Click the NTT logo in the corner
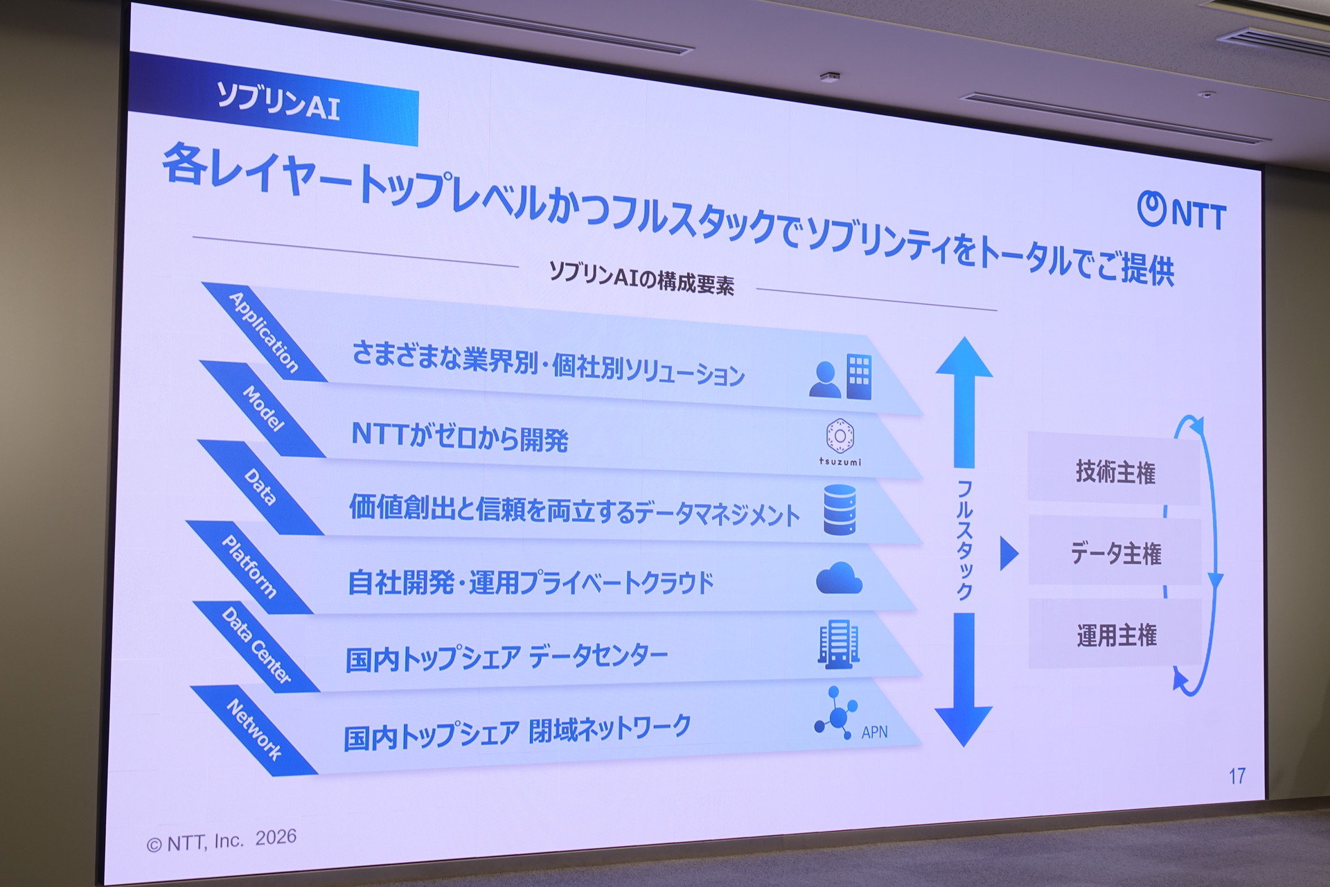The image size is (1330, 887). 1181,211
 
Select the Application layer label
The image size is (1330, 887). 263,332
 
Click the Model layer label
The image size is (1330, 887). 263,408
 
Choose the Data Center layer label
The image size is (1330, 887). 256,645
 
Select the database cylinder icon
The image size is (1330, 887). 840,509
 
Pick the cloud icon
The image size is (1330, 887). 839,578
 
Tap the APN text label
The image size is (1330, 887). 874,732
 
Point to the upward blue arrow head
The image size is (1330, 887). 964,357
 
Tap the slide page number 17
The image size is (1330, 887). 1237,775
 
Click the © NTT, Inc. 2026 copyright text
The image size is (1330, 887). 222,841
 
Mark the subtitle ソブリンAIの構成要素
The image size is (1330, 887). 641,278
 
